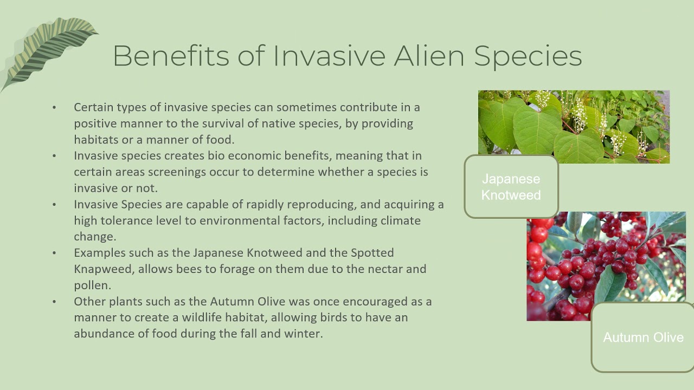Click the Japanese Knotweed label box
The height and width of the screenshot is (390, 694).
tap(511, 187)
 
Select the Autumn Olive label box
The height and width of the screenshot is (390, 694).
tap(643, 337)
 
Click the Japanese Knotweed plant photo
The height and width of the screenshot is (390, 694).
tap(574, 126)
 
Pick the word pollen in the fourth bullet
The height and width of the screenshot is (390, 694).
tap(91, 285)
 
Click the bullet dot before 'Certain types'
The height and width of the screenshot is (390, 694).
tap(54, 108)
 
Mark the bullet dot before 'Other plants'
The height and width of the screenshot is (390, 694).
tap(54, 302)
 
